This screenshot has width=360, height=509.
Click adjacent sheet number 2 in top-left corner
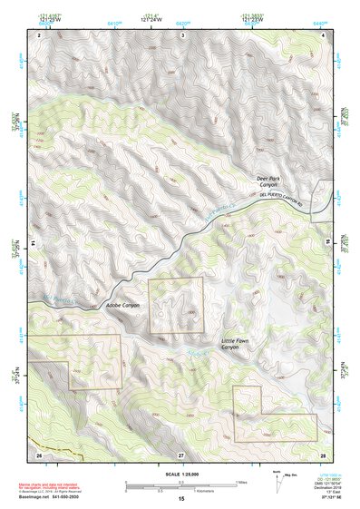click(x=39, y=34)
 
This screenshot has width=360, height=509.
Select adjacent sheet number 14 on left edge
click(x=33, y=243)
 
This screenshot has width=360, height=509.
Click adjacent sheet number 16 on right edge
click(x=328, y=243)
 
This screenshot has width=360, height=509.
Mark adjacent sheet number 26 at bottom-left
click(x=38, y=453)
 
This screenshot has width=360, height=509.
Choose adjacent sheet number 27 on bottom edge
click(x=181, y=453)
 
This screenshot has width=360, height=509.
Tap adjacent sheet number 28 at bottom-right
click(x=322, y=453)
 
